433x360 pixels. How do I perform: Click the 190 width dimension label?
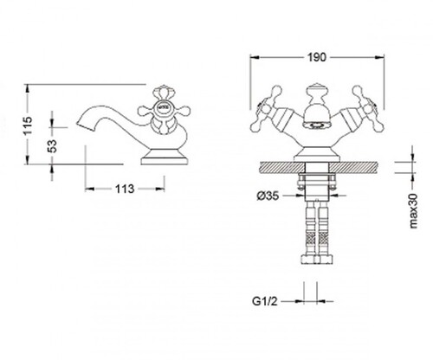316,57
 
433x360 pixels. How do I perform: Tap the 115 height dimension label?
29,125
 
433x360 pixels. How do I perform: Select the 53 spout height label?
52,146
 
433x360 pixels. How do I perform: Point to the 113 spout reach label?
125,189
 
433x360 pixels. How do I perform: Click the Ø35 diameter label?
268,196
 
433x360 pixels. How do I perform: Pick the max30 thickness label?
413,211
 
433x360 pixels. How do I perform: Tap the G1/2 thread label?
265,301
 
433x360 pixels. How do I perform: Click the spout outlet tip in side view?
79,124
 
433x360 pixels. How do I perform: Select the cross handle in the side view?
164,110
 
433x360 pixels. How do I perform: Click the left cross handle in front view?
266,109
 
